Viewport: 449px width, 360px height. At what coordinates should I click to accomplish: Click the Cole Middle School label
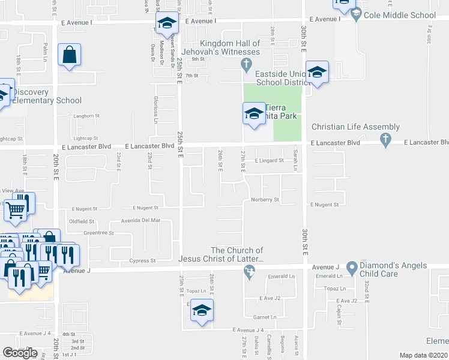pos(400,16)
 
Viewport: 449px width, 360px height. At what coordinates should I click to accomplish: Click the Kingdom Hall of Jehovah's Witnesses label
pos(230,47)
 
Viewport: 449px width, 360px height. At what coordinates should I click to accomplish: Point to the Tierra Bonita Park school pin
pos(254,113)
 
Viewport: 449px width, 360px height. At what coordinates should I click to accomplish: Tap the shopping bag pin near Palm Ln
pos(70,55)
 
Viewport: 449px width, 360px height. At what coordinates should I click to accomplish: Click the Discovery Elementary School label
pos(47,96)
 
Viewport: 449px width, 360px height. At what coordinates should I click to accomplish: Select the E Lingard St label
pos(269,160)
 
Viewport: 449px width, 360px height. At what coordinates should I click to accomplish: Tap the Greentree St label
pos(99,232)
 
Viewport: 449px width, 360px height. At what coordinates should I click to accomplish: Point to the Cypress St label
pos(143,261)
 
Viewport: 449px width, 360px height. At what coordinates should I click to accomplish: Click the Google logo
pos(20,353)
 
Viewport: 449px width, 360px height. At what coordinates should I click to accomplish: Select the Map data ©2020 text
pos(423,355)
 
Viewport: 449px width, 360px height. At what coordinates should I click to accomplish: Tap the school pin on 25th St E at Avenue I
pos(166,25)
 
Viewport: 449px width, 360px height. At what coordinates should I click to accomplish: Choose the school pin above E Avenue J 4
pos(202,311)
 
